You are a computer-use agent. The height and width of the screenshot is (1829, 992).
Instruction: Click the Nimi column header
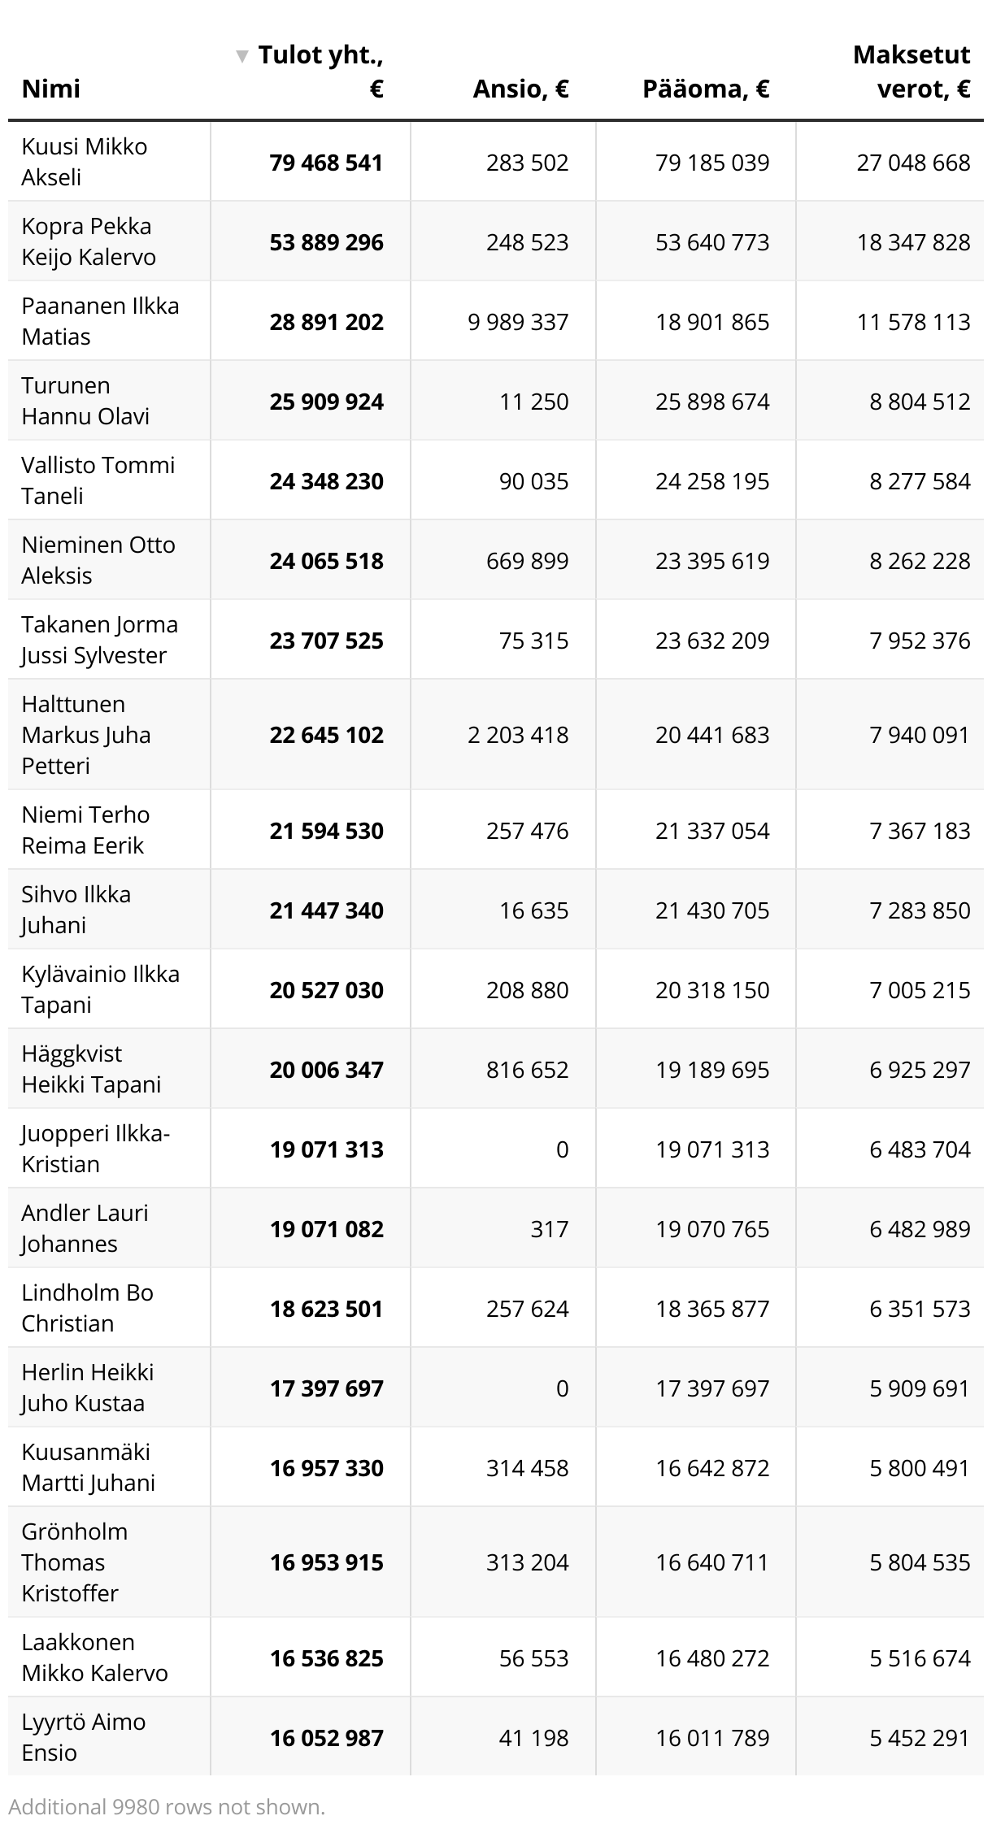coord(50,89)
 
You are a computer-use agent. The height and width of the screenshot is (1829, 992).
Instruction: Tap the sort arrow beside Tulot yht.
coord(241,56)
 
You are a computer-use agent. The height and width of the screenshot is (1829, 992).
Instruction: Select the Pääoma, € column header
coord(705,89)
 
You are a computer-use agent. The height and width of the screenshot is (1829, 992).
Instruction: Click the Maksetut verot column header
coord(911,72)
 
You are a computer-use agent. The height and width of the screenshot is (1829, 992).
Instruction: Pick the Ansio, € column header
coord(520,89)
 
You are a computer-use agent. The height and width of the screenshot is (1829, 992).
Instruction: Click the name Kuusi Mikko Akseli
coord(84,162)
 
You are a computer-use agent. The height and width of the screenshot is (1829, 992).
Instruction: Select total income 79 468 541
coord(326,163)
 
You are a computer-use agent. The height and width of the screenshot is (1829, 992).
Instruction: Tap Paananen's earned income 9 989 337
coord(518,322)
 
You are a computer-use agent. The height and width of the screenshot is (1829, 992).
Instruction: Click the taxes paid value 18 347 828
coord(913,242)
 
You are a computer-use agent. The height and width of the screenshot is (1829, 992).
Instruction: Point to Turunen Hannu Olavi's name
coord(85,401)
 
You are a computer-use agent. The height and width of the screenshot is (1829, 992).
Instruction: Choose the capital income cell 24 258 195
coord(712,481)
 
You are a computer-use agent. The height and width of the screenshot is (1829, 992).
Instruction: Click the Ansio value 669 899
coord(527,561)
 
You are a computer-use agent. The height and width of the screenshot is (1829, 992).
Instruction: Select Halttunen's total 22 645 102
coord(326,735)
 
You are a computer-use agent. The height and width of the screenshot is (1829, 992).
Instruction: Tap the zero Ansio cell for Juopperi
coord(562,1149)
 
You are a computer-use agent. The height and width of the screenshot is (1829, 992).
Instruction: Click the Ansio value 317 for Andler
coord(549,1229)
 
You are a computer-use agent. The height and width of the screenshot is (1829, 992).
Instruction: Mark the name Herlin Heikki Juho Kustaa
coord(87,1388)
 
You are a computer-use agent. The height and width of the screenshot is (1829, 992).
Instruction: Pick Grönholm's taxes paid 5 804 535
coord(920,1562)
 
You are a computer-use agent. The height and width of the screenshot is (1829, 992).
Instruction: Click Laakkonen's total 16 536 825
coord(326,1658)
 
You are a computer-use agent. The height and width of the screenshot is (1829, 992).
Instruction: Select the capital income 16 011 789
coord(712,1738)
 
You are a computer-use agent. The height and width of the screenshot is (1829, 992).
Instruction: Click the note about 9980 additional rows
coord(167,1807)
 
